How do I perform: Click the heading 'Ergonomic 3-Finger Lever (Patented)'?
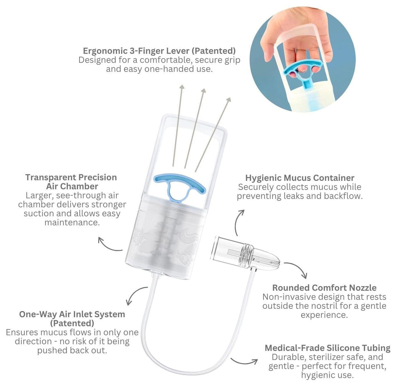coord(159,51)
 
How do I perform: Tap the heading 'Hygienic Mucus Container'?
coord(300,178)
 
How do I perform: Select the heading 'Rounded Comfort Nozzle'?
coord(324,288)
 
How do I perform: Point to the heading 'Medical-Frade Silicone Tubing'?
coord(327,348)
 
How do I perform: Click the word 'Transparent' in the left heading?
coord(50,177)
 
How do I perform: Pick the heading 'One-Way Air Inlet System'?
coord(72,314)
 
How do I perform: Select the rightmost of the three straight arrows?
coord(213,134)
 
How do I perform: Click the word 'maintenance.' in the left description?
coord(72,223)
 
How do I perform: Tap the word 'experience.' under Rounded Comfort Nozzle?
coord(324,315)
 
